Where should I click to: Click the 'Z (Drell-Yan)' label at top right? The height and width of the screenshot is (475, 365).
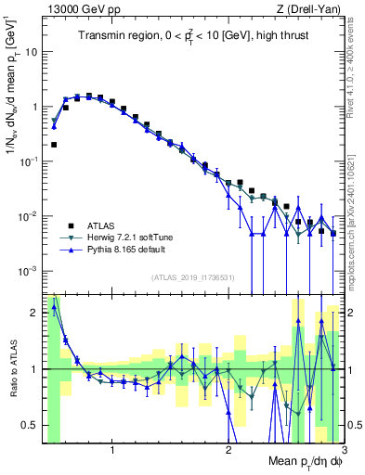tap(311, 9)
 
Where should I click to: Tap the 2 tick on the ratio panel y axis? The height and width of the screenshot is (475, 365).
tap(35, 313)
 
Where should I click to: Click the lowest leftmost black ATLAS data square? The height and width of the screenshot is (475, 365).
tap(54, 145)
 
